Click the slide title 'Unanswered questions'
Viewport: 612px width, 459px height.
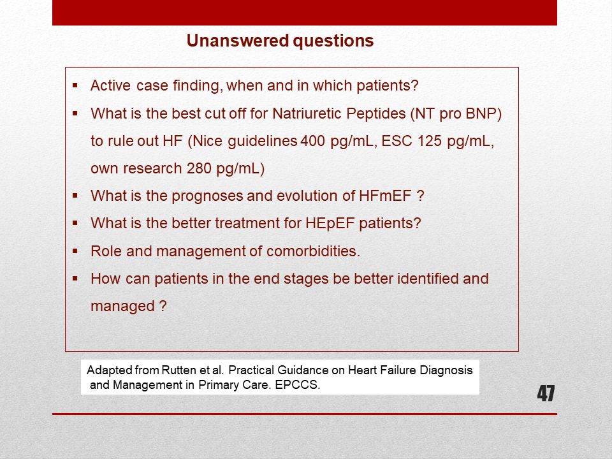coord(280,41)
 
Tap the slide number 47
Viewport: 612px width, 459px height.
coord(546,393)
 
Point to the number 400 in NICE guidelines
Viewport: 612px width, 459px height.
coord(312,141)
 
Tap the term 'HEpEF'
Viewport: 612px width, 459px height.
coord(330,223)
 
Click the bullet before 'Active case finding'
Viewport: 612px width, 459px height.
coord(75,85)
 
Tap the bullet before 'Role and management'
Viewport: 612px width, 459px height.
coord(75,251)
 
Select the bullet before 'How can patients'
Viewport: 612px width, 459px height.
coord(75,279)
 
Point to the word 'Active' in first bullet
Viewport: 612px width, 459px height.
coord(110,85)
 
